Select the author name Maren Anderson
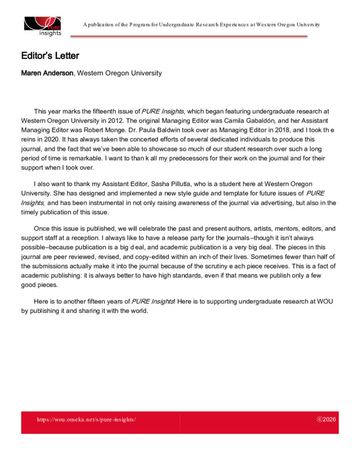click(48, 73)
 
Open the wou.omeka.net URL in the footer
click(86, 419)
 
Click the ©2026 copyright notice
click(326, 419)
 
